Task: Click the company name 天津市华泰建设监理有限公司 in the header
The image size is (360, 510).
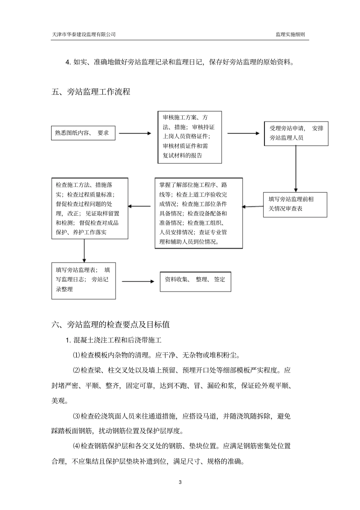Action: pos(83,34)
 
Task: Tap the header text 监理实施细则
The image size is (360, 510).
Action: pos(290,34)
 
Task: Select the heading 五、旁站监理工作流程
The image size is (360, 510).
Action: pos(91,92)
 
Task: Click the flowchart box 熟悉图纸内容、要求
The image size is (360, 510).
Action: pos(83,133)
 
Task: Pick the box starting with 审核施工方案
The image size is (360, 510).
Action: pos(189,137)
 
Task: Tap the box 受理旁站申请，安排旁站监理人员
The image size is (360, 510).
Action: pos(296,133)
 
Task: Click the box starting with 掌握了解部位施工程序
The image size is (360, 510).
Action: pos(199,213)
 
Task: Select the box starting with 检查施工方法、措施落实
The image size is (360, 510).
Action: pos(90,209)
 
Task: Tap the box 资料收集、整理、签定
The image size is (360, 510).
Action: pos(195,281)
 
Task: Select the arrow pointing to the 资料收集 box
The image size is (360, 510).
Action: pos(138,281)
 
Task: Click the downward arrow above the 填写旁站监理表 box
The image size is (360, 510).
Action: pos(84,250)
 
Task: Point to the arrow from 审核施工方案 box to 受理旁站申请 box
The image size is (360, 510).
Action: pos(243,133)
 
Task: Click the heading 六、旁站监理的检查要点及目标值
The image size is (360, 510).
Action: pos(111,325)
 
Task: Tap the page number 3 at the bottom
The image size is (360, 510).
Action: pos(180,482)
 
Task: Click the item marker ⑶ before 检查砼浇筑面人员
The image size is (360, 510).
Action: pos(76,416)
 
